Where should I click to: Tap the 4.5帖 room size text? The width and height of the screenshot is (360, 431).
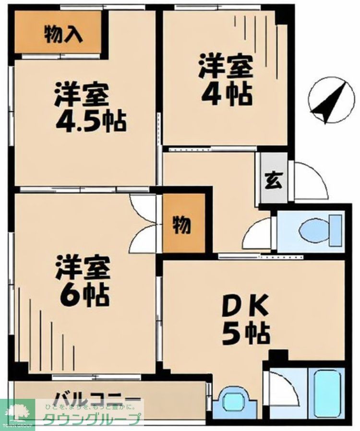(91, 121)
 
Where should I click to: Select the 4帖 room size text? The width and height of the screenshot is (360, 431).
(225, 96)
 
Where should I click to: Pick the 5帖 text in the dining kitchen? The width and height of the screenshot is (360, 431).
(245, 332)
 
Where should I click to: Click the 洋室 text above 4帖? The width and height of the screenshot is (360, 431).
(225, 68)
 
